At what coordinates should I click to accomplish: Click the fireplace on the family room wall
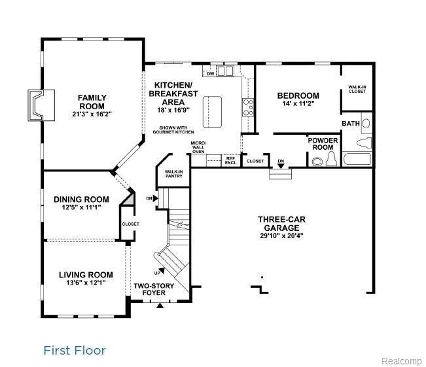tap(41, 105)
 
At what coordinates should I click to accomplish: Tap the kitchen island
tap(212, 111)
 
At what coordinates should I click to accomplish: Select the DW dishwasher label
tap(211, 74)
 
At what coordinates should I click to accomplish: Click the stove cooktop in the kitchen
tap(248, 107)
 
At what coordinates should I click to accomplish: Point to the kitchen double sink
tap(225, 71)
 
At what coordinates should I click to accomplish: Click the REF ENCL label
tap(230, 161)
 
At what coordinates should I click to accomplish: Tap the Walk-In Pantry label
tap(174, 174)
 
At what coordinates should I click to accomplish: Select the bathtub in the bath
tap(357, 159)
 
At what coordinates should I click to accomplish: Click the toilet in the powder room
tap(331, 159)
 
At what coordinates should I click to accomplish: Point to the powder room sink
tap(317, 162)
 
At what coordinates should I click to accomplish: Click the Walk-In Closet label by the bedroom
tap(357, 89)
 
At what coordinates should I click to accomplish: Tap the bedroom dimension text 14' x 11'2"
tap(298, 103)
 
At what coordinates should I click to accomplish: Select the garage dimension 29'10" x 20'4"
tap(281, 236)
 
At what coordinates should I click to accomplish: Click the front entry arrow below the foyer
tap(160, 306)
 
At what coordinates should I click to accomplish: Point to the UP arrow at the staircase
tap(162, 271)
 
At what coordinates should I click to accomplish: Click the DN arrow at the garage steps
tap(281, 166)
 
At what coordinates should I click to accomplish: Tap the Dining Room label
tap(82, 200)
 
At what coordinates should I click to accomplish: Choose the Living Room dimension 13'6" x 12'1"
tap(86, 283)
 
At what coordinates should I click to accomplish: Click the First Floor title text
tap(75, 351)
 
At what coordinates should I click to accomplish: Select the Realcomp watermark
tap(402, 361)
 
